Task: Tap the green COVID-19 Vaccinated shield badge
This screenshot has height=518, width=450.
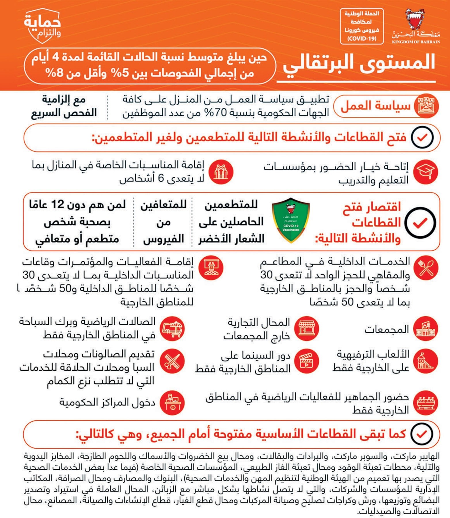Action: [x=291, y=220]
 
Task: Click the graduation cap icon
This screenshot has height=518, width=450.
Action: [x=425, y=172]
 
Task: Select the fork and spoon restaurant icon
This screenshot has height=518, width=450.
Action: [x=425, y=268]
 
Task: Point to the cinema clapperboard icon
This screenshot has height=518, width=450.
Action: [x=306, y=361]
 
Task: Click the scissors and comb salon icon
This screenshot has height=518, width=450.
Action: [x=172, y=361]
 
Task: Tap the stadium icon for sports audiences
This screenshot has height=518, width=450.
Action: [x=425, y=403]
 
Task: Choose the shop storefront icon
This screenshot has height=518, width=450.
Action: [x=307, y=328]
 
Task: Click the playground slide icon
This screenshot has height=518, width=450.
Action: [x=425, y=361]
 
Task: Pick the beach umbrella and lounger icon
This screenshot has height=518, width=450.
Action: [x=172, y=328]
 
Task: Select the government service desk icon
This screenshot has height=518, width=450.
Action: [x=172, y=403]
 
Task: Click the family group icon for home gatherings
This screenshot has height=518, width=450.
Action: [x=221, y=172]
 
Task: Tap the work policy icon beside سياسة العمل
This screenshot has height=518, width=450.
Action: [x=426, y=106]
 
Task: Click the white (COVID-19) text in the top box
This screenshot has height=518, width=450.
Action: [x=362, y=39]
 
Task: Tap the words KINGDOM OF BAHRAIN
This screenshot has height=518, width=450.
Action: [x=416, y=42]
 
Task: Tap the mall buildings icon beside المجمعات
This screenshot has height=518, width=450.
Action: [x=425, y=329]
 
